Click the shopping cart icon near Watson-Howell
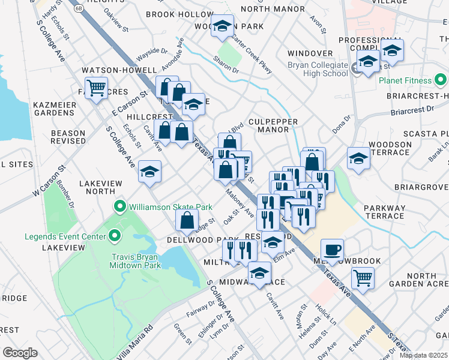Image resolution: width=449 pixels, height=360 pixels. coord(95,88)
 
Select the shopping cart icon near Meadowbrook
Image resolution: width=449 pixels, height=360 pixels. coord(362,278)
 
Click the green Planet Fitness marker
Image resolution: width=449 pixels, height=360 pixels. coord(441,80)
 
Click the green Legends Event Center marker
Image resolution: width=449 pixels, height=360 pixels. coord(112,236)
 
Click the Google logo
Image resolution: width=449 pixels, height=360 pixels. coord(20,352)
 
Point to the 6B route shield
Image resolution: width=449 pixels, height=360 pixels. coord(79,8)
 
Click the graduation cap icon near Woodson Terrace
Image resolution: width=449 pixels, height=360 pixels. coord(358,158)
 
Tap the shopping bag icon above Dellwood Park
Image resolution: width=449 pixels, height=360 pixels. coord(187,220)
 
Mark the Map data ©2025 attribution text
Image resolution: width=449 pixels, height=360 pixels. coord(423,355)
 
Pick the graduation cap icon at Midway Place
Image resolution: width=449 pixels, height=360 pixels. coord(259,274)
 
